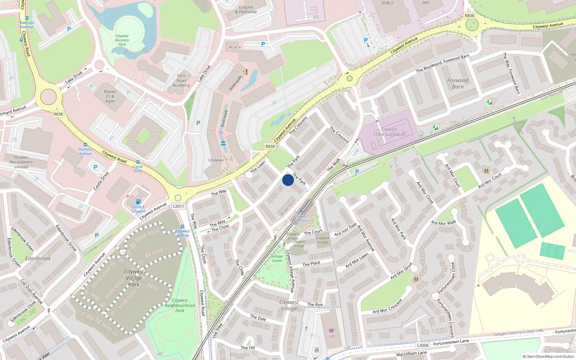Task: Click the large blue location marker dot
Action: [x=288, y=180]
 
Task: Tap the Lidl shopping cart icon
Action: [x=331, y=330]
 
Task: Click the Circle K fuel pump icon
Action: [x=139, y=202]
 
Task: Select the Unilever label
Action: [x=216, y=160]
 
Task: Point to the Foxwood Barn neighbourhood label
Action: [x=458, y=84]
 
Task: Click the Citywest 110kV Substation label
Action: [x=389, y=132]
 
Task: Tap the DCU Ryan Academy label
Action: [x=181, y=81]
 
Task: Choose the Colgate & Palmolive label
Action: [x=246, y=9]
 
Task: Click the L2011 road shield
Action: [x=178, y=206]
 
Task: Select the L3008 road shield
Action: [x=423, y=345]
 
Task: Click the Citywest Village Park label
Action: [x=134, y=278]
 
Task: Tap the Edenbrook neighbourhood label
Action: [x=38, y=258]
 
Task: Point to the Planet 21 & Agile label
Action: [x=110, y=96]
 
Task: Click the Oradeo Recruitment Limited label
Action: [x=21, y=162]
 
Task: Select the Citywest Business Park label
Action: [x=122, y=40]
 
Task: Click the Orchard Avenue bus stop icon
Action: [x=85, y=145]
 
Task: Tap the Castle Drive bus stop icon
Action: [x=138, y=162]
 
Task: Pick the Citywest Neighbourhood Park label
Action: [x=180, y=305]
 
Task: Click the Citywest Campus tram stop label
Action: [x=301, y=218]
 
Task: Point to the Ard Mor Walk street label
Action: [x=444, y=223]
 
